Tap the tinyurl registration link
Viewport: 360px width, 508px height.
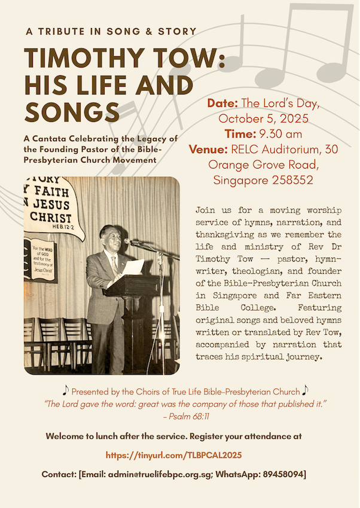[x=173, y=455]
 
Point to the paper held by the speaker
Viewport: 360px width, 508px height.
[x=133, y=267]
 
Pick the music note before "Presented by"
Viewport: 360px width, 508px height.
[x=65, y=391]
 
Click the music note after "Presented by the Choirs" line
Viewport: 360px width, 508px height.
[x=305, y=391]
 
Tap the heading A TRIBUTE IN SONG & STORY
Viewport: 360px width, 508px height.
[x=111, y=31]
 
